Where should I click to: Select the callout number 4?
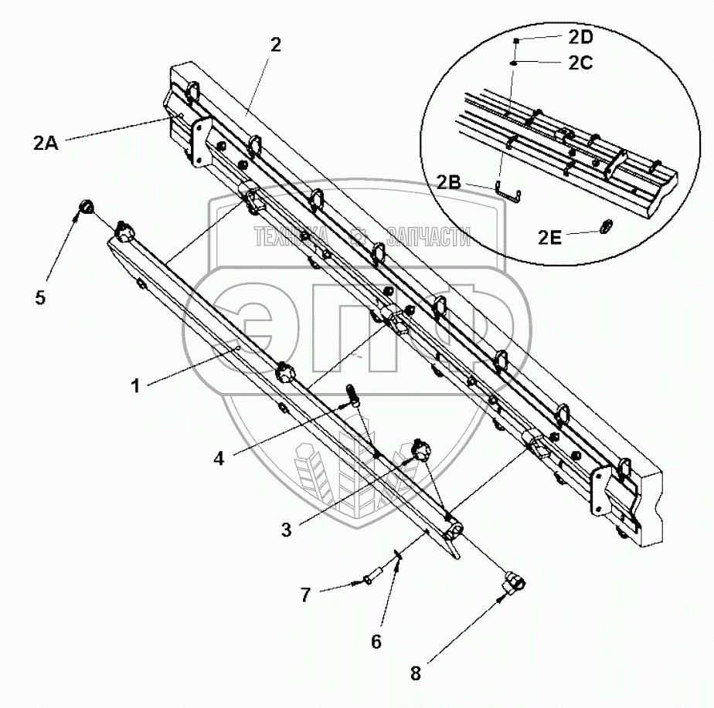point(220,458)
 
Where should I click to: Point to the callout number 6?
point(376,640)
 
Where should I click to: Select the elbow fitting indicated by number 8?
point(512,583)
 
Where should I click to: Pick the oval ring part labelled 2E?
point(607,226)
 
